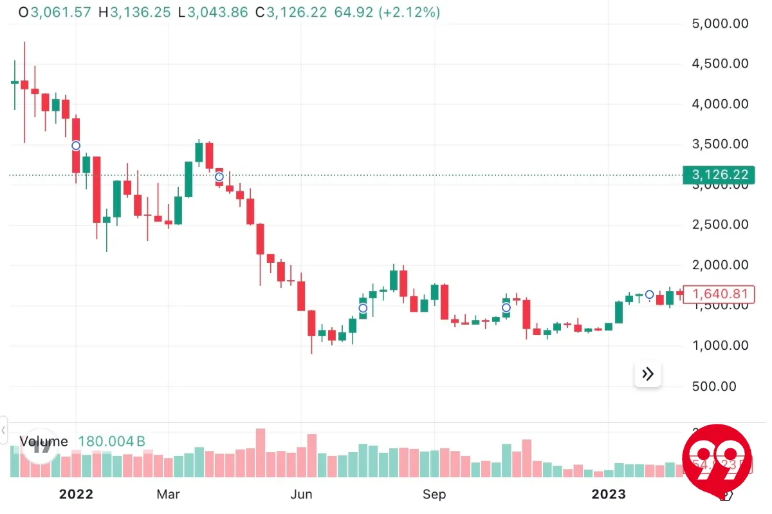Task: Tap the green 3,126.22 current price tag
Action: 720,175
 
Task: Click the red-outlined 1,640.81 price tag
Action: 720,294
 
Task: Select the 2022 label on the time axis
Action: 76,494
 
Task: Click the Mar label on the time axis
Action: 168,494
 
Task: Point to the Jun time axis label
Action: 301,494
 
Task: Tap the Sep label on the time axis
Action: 434,494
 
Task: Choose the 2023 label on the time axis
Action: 608,494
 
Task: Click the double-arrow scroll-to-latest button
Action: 648,374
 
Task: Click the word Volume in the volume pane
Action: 44,441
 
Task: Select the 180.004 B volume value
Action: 111,441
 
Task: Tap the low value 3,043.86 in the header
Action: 217,12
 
